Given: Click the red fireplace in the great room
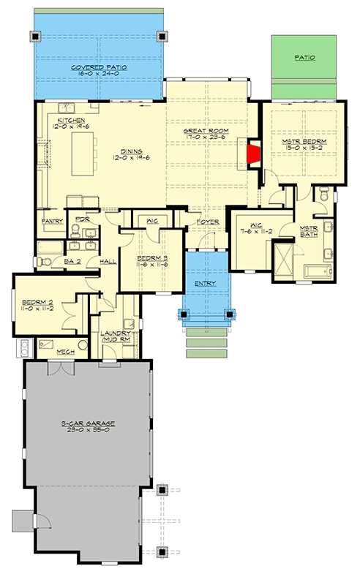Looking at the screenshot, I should (x=253, y=155).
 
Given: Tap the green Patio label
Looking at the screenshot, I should (x=306, y=56).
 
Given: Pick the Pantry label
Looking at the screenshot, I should (x=51, y=220).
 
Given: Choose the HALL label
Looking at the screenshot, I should (x=108, y=260).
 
